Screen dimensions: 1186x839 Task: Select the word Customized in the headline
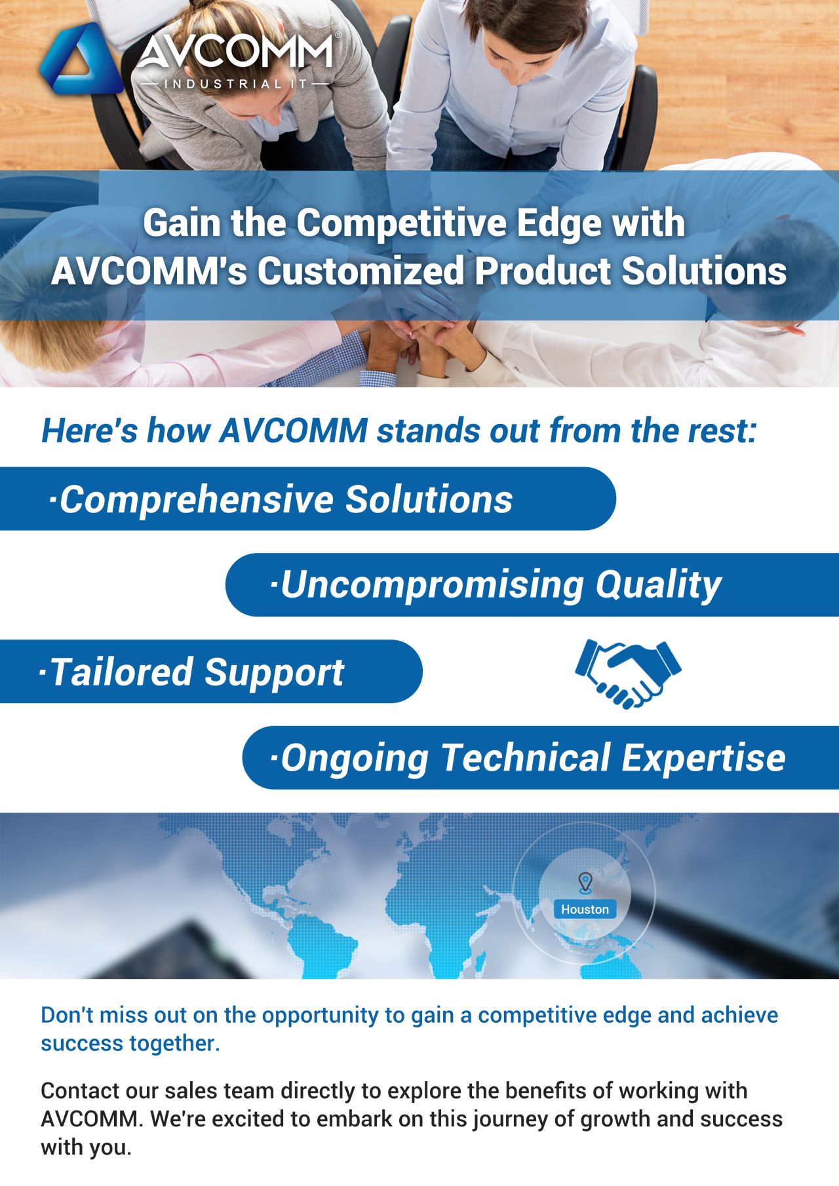pos(361,271)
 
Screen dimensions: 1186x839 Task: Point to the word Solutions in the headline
pos(704,271)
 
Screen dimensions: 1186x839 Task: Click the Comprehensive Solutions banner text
pos(286,499)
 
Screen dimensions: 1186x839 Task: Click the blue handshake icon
pos(628,674)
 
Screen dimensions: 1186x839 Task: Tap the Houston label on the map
pos(585,909)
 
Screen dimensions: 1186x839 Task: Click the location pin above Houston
pos(585,882)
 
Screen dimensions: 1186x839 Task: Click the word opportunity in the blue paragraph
pos(321,1015)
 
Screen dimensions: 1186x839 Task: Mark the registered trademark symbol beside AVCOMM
pos(338,35)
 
